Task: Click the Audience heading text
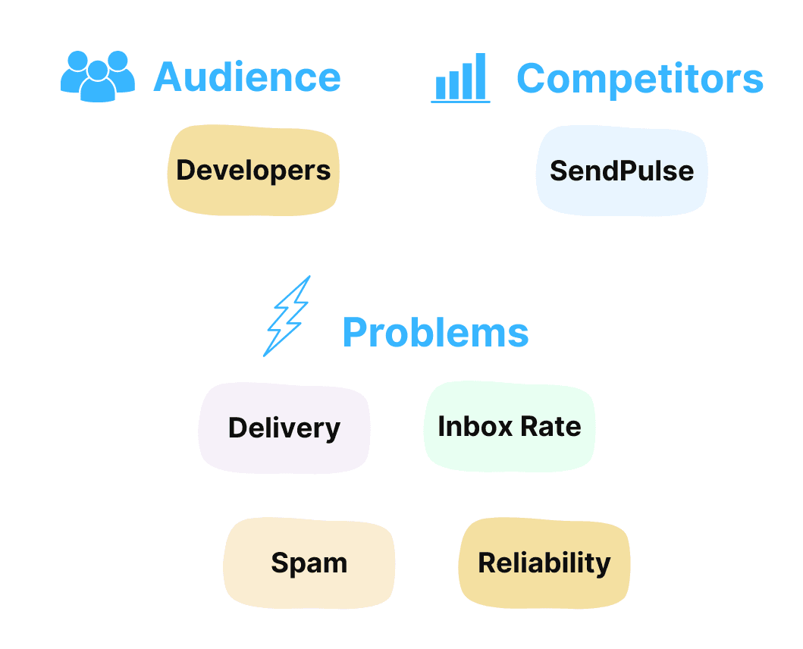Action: pyautogui.click(x=247, y=77)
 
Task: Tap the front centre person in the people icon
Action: pyautogui.click(x=98, y=82)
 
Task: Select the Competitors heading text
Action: pyautogui.click(x=640, y=78)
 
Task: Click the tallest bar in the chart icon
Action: pyautogui.click(x=480, y=77)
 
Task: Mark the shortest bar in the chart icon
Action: pyautogui.click(x=441, y=89)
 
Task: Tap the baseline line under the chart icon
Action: pyautogui.click(x=460, y=101)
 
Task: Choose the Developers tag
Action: pyautogui.click(x=253, y=170)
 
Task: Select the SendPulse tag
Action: pyautogui.click(x=622, y=171)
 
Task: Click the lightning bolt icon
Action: pyautogui.click(x=287, y=316)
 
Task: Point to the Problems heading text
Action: pyautogui.click(x=435, y=332)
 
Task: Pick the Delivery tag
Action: pyautogui.click(x=284, y=428)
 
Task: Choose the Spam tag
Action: pyautogui.click(x=309, y=563)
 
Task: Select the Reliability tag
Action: pyautogui.click(x=544, y=563)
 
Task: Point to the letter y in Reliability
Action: pyautogui.click(x=604, y=566)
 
